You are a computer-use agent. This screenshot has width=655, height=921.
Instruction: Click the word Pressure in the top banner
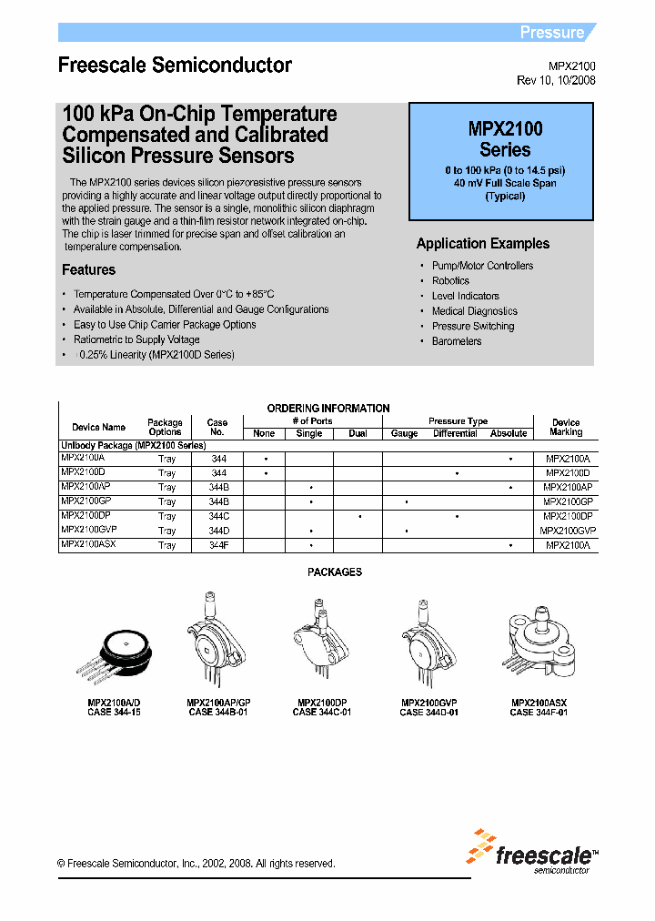[x=551, y=33]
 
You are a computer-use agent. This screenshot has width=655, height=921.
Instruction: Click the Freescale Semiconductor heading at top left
[x=175, y=66]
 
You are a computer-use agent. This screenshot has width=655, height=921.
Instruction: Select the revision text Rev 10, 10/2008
[x=557, y=81]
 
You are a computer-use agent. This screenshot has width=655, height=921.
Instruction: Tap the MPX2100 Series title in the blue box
[x=505, y=139]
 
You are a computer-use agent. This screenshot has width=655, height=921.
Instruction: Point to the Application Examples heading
[x=483, y=244]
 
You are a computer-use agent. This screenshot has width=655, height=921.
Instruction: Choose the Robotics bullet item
[x=450, y=281]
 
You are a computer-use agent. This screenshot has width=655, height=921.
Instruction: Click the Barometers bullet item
[x=457, y=341]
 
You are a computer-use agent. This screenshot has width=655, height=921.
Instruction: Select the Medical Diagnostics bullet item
[x=474, y=311]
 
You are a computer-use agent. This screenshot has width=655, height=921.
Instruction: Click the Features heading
[x=88, y=270]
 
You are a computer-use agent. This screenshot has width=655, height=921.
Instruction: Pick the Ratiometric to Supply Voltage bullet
[x=136, y=339]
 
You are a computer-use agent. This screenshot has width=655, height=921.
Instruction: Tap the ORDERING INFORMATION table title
[x=327, y=409]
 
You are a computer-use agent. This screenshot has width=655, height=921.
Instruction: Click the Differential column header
[x=455, y=434]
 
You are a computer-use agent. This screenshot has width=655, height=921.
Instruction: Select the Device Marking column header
[x=566, y=428]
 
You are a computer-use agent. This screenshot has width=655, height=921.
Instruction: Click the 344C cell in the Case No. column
[x=218, y=516]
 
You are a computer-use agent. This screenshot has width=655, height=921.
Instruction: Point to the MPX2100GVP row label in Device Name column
[x=89, y=530]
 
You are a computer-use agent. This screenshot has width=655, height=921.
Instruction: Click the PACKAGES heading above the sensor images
[x=335, y=572]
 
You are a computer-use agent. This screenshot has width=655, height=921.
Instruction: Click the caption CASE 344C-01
[x=321, y=713]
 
